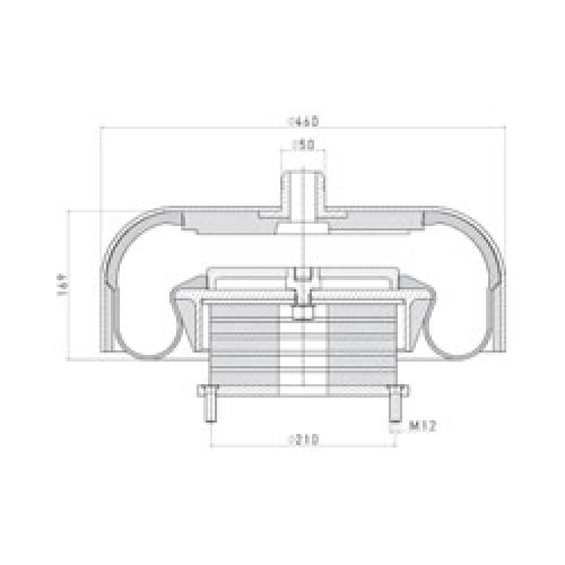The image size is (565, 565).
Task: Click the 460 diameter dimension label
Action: (304, 121)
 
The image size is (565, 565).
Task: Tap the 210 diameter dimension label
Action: (304, 438)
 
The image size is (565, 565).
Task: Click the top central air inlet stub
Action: (303, 192)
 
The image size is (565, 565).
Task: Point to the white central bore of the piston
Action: (304, 350)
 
